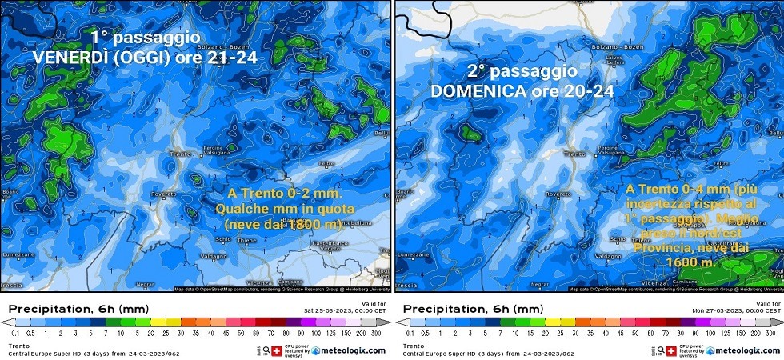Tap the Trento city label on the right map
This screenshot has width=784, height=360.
click(570, 154)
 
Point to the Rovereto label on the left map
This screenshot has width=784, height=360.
click(162, 193)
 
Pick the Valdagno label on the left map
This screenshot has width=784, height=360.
click(188, 256)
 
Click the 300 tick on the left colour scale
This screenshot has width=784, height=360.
click(375, 332)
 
